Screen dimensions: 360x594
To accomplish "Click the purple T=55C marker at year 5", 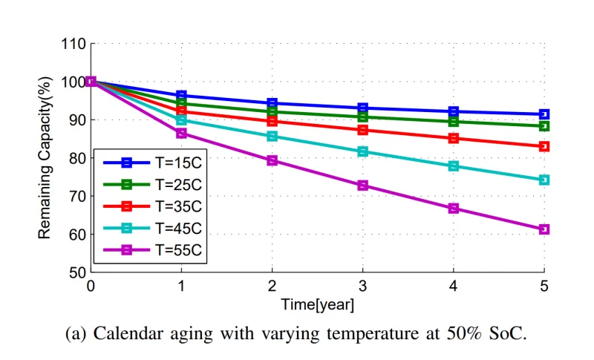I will [x=544, y=229].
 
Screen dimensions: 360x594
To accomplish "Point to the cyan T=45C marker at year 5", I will [x=544, y=180].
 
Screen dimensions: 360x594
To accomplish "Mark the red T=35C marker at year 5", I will [x=544, y=146].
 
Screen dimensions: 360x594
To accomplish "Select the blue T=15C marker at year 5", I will [x=544, y=114].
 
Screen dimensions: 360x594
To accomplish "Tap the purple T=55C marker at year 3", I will [x=363, y=185].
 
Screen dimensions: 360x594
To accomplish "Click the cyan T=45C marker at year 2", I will [x=272, y=136].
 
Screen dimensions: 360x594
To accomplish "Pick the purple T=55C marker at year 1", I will [x=182, y=133].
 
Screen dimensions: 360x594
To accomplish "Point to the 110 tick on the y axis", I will [x=73, y=44].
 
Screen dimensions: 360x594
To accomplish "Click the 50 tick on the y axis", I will [x=76, y=272].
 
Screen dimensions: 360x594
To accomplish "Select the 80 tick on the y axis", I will [x=76, y=158].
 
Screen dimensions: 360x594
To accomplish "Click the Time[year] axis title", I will [x=317, y=304].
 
